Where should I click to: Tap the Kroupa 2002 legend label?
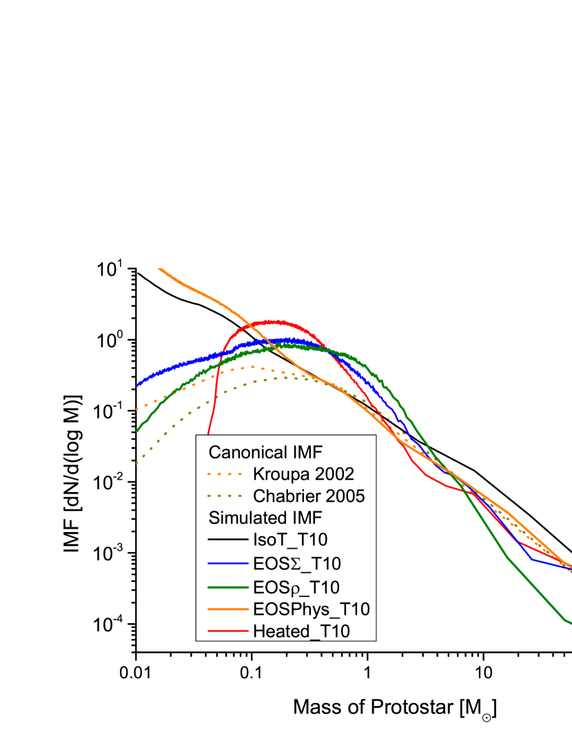[x=303, y=474]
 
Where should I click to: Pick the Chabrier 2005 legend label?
[x=309, y=496]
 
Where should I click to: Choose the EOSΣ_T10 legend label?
[x=296, y=563]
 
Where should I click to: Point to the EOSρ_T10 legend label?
[x=296, y=587]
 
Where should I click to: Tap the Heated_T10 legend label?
[x=301, y=631]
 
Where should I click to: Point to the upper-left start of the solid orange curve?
[x=159, y=269]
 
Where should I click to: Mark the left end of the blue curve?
[x=137, y=385]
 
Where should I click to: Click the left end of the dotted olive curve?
[x=137, y=463]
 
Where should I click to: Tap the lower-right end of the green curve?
[x=569, y=624]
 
